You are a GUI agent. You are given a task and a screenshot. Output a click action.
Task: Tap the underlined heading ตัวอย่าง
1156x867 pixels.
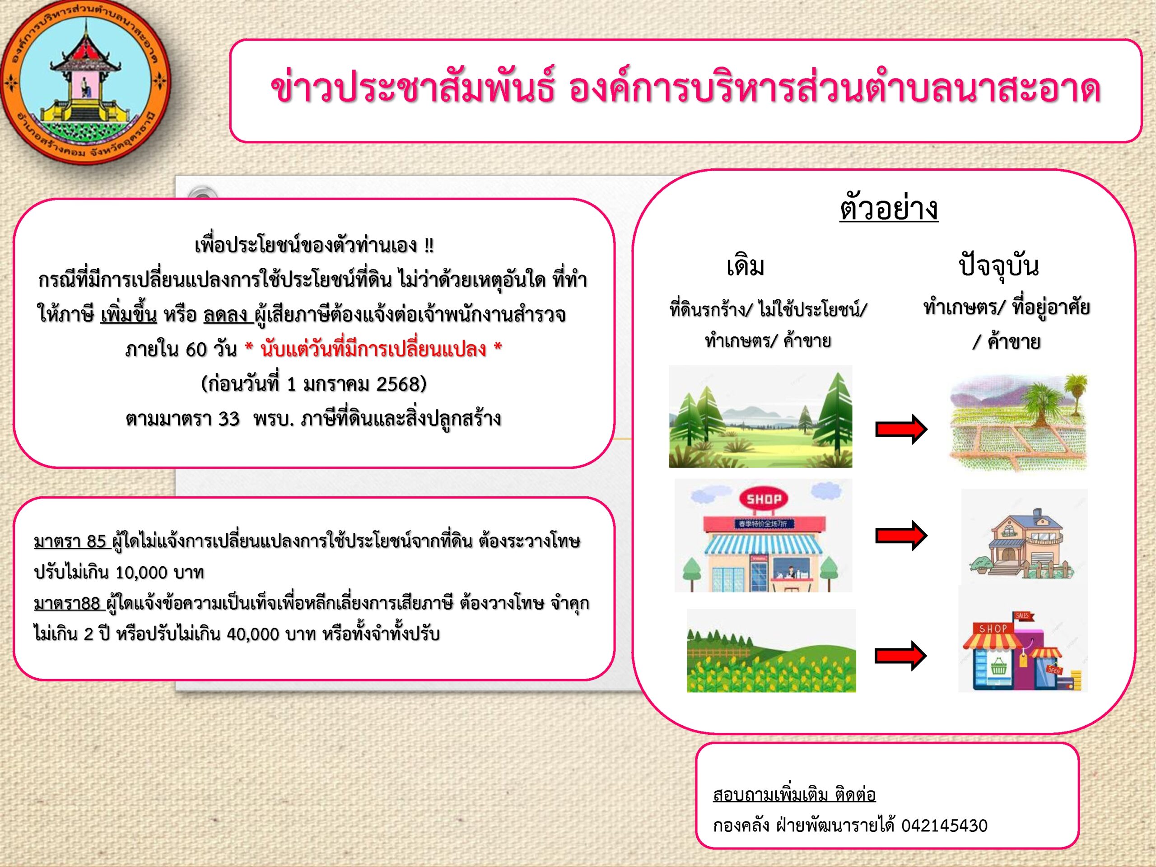[889, 209]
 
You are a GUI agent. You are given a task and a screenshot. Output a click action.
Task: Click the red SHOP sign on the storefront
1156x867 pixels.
[764, 499]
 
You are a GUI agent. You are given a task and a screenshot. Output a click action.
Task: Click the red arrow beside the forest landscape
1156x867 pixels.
[901, 429]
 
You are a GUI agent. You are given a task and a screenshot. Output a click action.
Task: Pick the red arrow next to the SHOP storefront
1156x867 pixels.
[901, 535]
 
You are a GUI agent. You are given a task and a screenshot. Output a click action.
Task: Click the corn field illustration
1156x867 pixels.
[771, 651]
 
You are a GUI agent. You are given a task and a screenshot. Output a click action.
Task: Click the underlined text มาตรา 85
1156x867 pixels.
[70, 541]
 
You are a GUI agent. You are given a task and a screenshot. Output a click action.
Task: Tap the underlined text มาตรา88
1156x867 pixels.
[67, 603]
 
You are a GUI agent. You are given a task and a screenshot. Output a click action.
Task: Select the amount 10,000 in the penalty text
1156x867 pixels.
[141, 573]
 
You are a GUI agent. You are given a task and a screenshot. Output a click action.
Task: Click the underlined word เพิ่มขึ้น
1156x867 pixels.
[129, 314]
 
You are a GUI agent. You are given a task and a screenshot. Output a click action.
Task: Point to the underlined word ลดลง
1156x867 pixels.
[226, 315]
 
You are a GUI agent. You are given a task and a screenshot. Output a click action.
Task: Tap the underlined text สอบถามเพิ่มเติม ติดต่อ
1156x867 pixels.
[794, 795]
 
